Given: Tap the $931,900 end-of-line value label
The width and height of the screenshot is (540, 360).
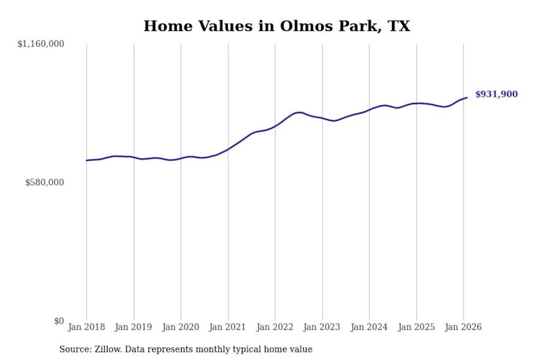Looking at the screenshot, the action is point(496,94).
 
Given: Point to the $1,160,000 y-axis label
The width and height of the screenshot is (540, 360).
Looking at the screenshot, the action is point(40,44).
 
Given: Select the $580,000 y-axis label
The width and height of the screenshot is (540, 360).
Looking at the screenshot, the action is point(44,182).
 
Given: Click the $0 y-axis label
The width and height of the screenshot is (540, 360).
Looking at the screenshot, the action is point(59,321).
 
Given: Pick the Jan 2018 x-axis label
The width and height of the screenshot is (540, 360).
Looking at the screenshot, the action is point(87,327).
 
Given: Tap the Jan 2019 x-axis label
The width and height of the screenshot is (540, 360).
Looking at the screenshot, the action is point(133,327).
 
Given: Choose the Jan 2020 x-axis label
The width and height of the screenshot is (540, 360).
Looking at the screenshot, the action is point(181,327).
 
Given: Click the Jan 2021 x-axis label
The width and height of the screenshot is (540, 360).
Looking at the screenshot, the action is point(227,327).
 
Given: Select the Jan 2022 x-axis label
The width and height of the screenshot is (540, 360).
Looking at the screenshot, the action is point(275,327).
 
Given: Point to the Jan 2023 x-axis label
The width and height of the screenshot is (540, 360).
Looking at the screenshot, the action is point(322,327).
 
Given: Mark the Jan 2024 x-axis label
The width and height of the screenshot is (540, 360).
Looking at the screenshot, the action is point(369,327).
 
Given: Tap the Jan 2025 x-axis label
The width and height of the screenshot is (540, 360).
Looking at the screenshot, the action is point(416,327).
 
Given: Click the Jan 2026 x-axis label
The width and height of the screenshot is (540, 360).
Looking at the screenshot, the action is point(463,327).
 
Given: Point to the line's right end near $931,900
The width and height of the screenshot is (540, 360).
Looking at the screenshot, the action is point(467,97).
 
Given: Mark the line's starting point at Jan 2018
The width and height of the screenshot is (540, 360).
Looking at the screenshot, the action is point(87,160).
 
